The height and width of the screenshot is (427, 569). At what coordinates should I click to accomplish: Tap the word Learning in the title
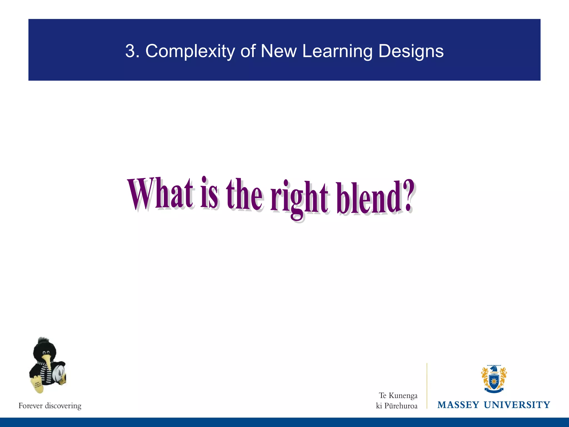pos(337,52)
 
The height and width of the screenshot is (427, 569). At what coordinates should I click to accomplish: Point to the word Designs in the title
pos(411,52)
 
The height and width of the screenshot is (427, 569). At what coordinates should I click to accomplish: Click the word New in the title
pos(279,51)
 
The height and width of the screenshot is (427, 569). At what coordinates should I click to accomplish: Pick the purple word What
pos(160,194)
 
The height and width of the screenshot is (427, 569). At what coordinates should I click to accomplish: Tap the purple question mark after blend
pos(407,196)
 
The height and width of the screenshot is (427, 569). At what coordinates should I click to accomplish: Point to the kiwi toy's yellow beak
pos(49,364)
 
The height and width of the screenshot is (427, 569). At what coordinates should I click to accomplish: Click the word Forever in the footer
pos(31,406)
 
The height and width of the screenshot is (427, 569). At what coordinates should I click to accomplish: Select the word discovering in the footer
pos(63,406)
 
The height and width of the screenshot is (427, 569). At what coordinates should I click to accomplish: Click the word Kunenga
pos(403,396)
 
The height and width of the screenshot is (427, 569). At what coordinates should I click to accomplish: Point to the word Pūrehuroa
pos(401,406)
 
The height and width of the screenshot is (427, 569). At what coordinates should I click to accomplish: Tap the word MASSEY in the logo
pos(458,405)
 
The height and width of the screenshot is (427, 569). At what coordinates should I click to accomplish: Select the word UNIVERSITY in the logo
pos(517,405)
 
